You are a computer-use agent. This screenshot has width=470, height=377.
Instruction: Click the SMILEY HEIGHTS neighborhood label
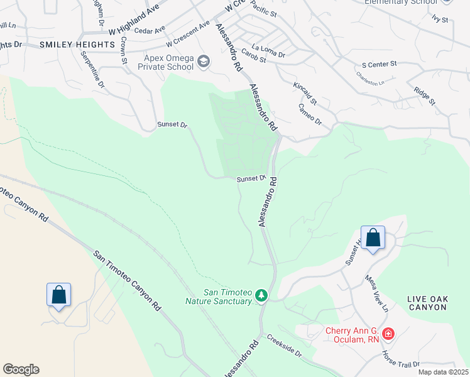click(x=77, y=45)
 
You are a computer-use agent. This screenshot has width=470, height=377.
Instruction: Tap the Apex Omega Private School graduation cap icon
click(x=204, y=61)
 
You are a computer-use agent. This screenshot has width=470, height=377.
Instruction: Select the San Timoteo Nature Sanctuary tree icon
click(x=261, y=295)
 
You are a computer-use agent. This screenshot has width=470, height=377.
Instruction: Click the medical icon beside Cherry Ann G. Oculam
click(x=388, y=333)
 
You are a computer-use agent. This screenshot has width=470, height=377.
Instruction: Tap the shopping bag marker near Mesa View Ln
click(x=373, y=239)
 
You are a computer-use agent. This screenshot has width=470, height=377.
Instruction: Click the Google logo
click(x=21, y=369)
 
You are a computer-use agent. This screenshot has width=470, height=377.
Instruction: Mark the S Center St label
click(x=380, y=64)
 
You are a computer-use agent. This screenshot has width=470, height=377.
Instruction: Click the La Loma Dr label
click(x=268, y=50)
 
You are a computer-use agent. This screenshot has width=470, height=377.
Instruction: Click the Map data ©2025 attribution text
click(x=443, y=372)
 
